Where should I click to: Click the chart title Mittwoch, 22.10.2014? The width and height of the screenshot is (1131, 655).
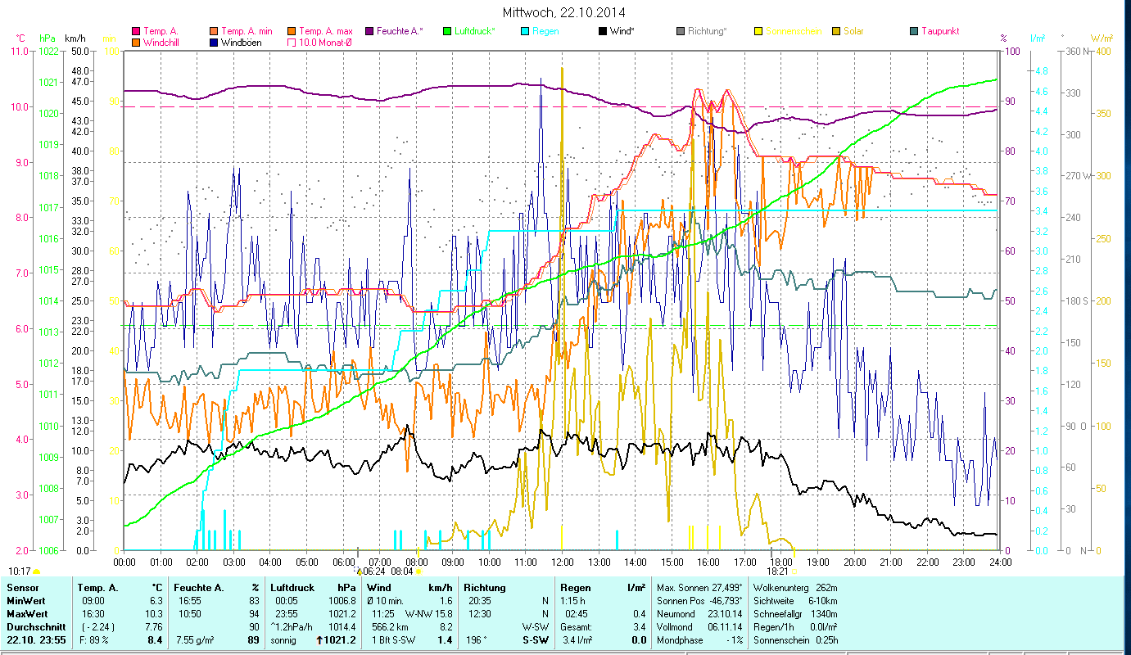pos(565,13)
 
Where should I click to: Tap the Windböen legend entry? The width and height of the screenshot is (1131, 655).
pos(242,42)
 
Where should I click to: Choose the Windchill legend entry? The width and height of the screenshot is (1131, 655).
pos(163,42)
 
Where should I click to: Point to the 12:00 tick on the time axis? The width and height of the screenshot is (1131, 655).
pos(562,562)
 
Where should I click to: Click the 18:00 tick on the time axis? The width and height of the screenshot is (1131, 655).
pos(780,562)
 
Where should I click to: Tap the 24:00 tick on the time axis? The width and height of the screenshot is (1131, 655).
pos(999,562)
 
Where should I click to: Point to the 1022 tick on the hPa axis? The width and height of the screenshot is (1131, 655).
pos(48,51)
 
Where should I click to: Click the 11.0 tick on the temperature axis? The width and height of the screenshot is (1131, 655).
pos(19,51)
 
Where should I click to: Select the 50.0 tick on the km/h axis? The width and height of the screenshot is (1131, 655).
pos(80,51)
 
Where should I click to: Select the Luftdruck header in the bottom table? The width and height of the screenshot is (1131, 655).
pos(292,588)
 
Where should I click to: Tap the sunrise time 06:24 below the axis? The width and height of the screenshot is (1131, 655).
pos(373,571)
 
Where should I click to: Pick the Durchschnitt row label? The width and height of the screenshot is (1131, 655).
pos(30,627)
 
